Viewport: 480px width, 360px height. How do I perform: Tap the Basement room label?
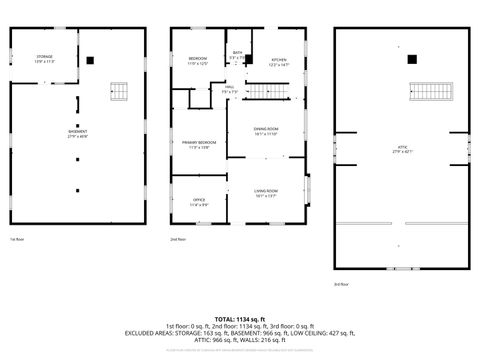77,134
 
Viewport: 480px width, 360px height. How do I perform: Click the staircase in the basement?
120,94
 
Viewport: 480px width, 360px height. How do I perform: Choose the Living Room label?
265,193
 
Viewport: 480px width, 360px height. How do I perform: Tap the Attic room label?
403,149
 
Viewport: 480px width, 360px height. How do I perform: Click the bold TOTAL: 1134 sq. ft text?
239,317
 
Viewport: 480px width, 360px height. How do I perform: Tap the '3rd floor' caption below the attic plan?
341,284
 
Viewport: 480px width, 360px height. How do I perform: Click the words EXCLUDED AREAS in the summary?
151,332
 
